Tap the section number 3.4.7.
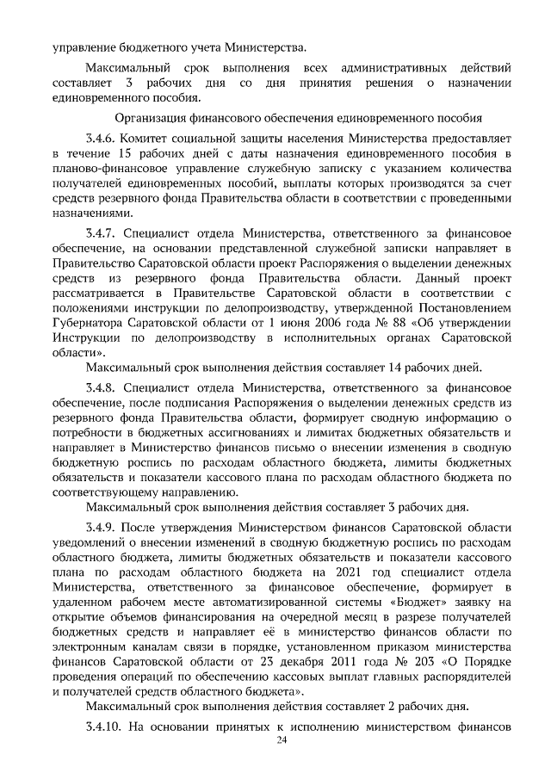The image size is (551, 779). tap(100, 232)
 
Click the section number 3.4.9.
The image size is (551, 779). tap(100, 526)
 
